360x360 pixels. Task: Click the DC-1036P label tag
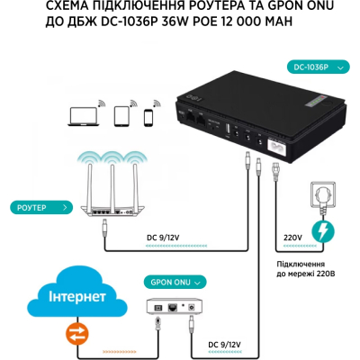(x=311, y=67)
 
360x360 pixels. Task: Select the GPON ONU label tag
(x=168, y=282)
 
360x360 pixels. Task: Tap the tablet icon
(x=123, y=117)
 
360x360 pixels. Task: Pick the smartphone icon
(x=148, y=118)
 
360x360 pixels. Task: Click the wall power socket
(x=320, y=192)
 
